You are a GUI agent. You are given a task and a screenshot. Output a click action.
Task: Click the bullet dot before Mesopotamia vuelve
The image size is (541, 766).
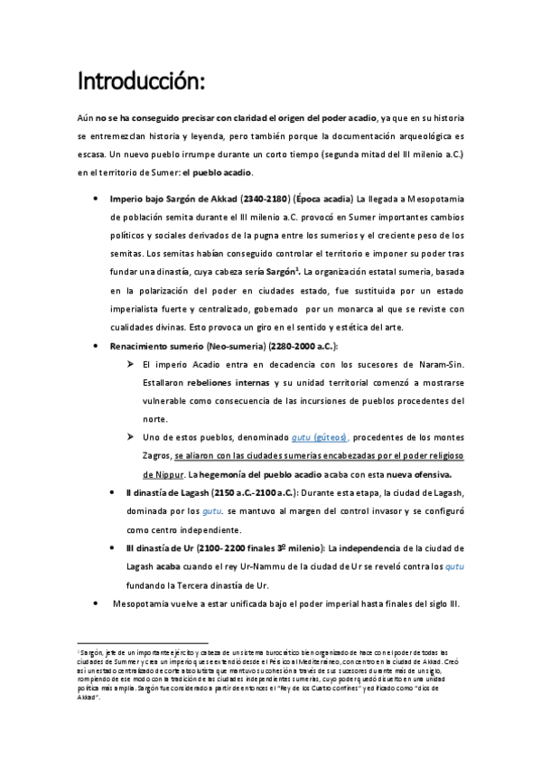point(98,603)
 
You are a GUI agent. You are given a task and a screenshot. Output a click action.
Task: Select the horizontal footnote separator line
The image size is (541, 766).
point(130,643)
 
